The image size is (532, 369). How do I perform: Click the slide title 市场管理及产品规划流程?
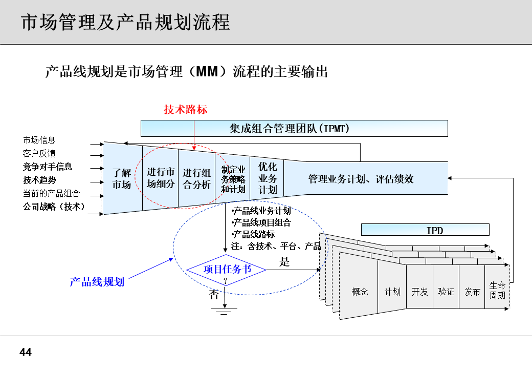tap(125, 22)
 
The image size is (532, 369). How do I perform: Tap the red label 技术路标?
tap(186, 110)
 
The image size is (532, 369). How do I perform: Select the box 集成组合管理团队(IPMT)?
tap(294, 128)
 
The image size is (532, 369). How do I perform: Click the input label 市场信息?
tap(39, 140)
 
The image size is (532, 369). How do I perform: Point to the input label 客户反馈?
tap(39, 153)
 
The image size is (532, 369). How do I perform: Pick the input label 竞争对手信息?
tap(48, 167)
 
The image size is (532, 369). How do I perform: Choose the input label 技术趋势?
tap(39, 180)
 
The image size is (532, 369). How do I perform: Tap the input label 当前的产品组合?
tap(51, 193)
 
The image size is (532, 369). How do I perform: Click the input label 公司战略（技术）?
tap(54, 207)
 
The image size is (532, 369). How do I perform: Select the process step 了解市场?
tap(122, 178)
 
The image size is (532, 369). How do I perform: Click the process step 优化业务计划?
tap(268, 178)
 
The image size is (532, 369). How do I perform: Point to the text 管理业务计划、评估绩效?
tap(361, 179)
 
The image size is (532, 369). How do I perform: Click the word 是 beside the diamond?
tap(285, 262)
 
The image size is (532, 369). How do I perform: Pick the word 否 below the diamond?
tap(214, 295)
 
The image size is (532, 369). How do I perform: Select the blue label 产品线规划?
tap(97, 281)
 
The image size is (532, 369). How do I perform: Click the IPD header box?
tap(425, 230)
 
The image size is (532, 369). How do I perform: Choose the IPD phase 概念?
tap(360, 292)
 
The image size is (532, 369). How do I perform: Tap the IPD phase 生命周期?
tap(497, 291)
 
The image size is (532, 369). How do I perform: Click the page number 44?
tap(26, 353)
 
